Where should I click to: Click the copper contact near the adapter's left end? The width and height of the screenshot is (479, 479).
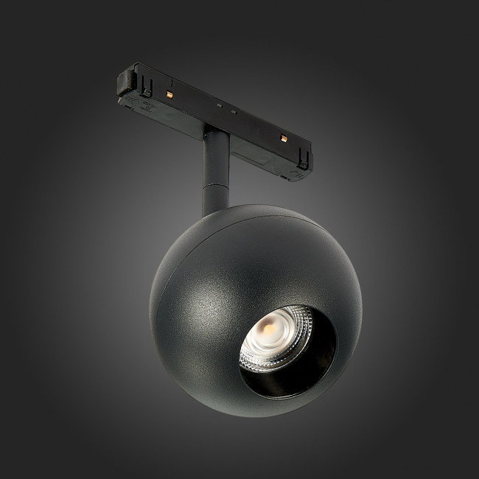[x=169, y=95]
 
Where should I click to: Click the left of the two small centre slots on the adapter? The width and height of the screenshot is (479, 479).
[x=219, y=104]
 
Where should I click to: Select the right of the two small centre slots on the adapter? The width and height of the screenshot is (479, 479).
[x=234, y=111]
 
